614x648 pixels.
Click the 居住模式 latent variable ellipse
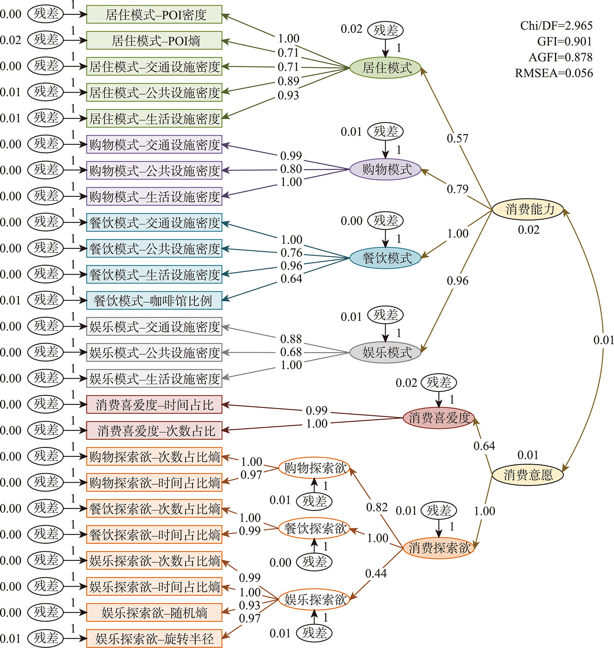(x=386, y=68)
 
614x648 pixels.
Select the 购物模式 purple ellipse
(x=386, y=169)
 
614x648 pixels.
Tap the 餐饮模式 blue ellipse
(x=386, y=258)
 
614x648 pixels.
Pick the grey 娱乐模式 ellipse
(x=386, y=352)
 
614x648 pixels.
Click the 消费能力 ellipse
(x=528, y=210)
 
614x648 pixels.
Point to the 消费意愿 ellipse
(x=528, y=475)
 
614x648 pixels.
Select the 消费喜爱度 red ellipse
(x=439, y=418)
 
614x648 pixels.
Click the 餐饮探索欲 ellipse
(x=314, y=528)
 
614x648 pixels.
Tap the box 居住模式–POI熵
(x=154, y=41)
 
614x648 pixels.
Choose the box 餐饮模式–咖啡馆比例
(x=154, y=301)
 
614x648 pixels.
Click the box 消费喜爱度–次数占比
(x=154, y=431)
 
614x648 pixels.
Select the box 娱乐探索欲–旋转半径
(x=154, y=639)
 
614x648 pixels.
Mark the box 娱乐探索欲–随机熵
(x=154, y=613)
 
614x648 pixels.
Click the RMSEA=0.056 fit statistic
(x=554, y=73)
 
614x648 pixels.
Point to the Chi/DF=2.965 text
(x=556, y=26)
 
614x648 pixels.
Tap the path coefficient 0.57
(x=457, y=138)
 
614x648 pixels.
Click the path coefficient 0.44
(x=376, y=573)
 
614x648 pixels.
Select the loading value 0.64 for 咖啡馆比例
(x=291, y=279)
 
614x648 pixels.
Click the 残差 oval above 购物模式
(x=386, y=131)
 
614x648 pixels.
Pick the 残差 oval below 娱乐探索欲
(x=314, y=633)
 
